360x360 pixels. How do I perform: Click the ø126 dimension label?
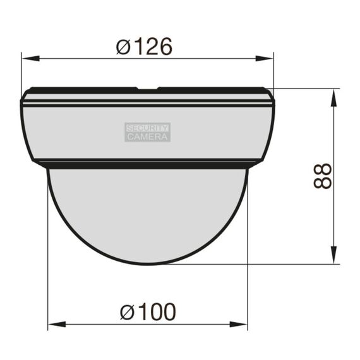pos(144,47)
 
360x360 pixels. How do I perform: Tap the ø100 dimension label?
pos(148,311)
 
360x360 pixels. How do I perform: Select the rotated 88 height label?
pos(323,176)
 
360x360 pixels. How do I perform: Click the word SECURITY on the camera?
pos(147,128)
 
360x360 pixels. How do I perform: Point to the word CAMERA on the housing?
pos(147,137)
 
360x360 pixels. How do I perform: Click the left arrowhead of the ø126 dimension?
pos(30,58)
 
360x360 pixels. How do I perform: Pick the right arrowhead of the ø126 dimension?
pos(264,58)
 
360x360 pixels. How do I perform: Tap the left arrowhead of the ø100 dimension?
pos(57,325)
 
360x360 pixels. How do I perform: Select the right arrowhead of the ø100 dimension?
pos(238,325)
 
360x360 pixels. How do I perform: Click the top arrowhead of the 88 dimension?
pos(333,97)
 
